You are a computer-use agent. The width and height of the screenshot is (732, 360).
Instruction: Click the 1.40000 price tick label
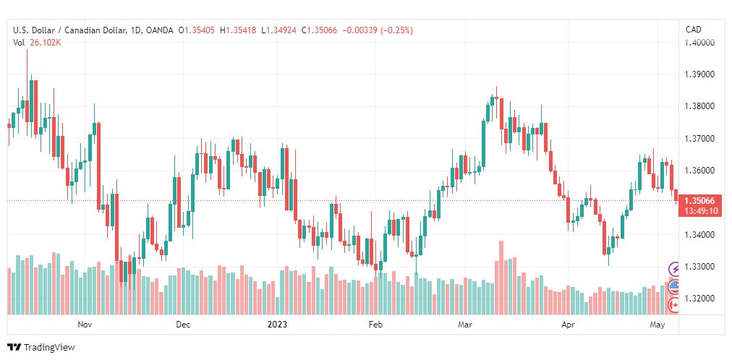click(699, 43)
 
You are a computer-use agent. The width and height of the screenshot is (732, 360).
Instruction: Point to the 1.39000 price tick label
click(699, 74)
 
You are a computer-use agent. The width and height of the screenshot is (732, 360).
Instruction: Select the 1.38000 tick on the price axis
click(699, 106)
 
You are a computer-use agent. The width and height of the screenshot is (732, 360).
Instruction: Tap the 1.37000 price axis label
click(699, 139)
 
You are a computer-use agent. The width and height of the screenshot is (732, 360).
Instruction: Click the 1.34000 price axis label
click(699, 234)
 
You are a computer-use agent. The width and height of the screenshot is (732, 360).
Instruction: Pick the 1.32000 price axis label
click(699, 299)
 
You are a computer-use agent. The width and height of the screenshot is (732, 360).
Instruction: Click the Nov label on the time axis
click(85, 325)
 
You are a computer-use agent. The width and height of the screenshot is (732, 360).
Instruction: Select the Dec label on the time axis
click(183, 325)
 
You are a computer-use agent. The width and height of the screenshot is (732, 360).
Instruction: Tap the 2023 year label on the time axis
click(277, 325)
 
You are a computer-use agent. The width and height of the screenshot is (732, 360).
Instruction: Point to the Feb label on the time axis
click(375, 325)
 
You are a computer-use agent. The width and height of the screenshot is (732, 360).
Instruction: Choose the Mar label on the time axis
click(465, 325)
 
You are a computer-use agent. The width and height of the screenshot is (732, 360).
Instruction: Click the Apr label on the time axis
click(568, 325)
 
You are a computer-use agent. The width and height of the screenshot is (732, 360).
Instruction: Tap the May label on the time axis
click(657, 325)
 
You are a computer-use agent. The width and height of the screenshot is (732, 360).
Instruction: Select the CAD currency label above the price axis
click(693, 30)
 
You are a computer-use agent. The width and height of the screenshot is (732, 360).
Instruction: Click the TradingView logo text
click(49, 348)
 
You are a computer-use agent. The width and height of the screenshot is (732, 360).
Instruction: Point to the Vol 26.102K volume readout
click(38, 43)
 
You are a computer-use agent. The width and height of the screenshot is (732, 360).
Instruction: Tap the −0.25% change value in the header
click(397, 31)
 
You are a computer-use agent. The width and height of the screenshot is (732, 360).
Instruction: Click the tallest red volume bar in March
click(501, 278)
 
